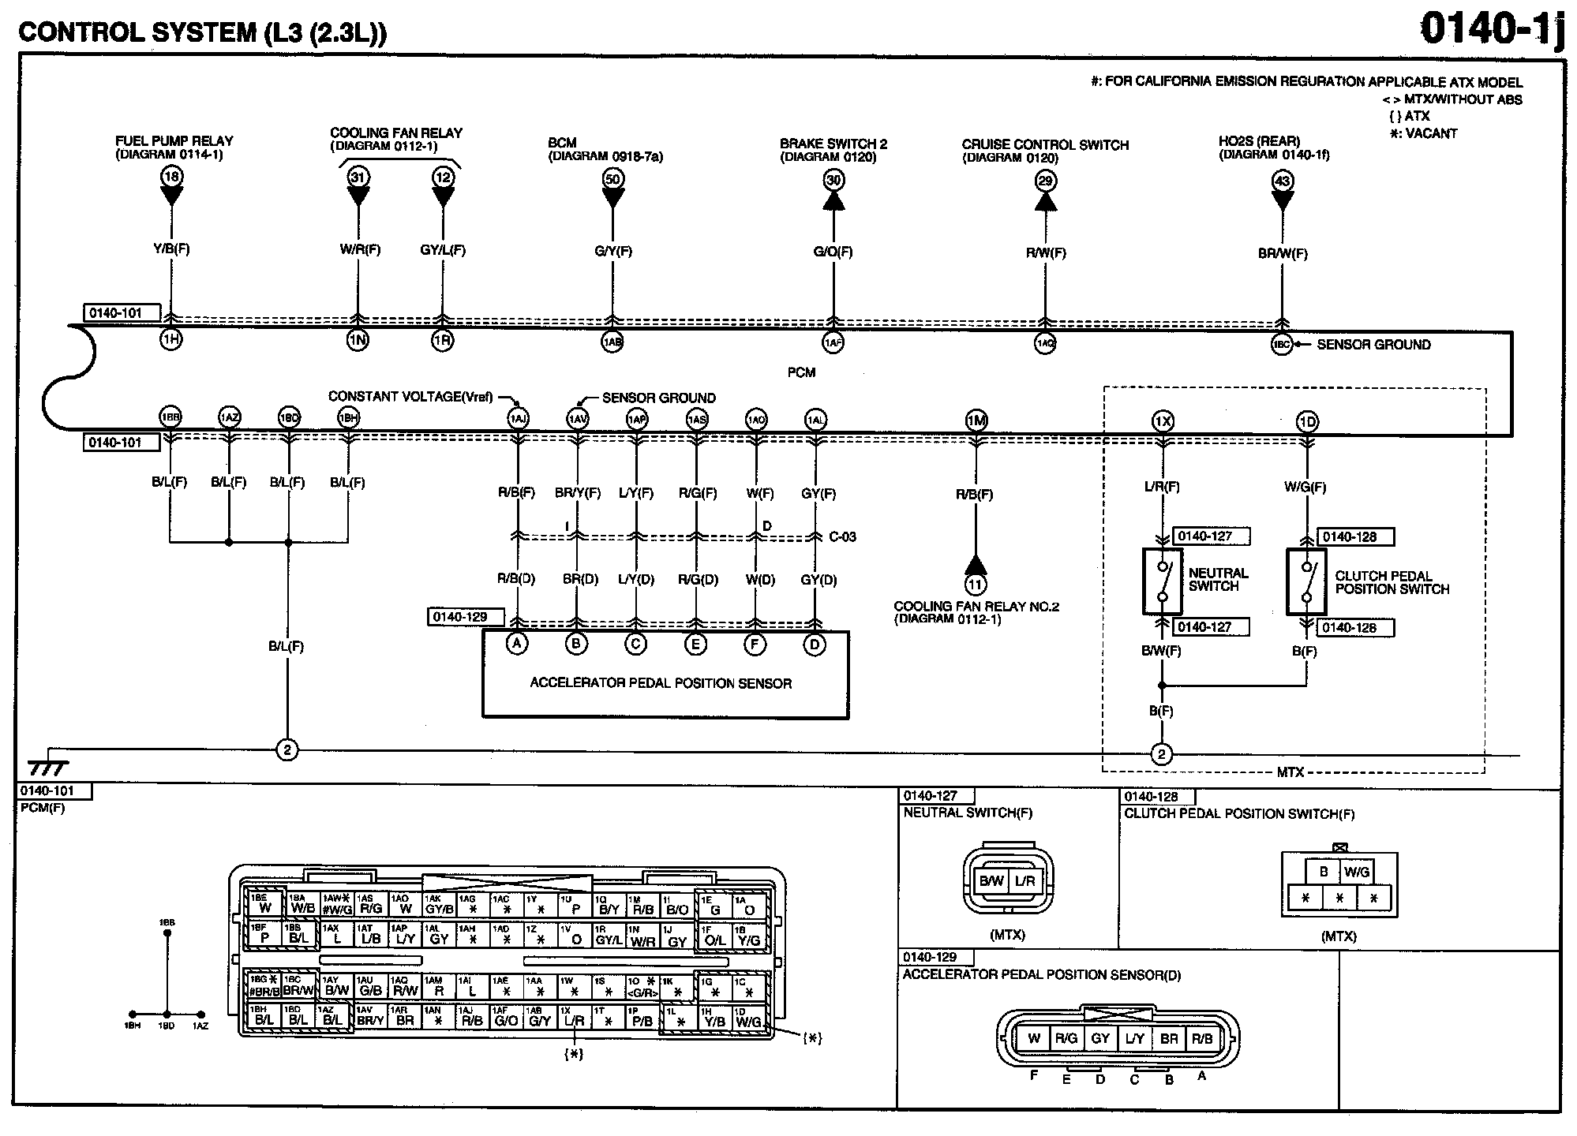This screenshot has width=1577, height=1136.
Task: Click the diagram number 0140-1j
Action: (x=1491, y=30)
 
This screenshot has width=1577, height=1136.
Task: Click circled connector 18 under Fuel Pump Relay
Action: (x=171, y=176)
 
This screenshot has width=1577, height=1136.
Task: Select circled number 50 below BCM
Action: (x=612, y=178)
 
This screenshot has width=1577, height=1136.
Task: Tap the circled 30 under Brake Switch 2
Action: (x=833, y=180)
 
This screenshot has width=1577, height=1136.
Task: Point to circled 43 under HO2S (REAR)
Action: (x=1282, y=181)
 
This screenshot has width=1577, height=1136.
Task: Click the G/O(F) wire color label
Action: (x=833, y=252)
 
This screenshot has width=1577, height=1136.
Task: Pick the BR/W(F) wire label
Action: (x=1283, y=254)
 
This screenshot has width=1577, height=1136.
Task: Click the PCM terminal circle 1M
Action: (x=976, y=420)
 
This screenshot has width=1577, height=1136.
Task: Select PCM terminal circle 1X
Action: (x=1162, y=422)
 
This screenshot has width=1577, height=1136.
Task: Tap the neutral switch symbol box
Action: (x=1162, y=581)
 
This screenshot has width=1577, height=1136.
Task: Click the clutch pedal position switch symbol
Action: (x=1306, y=582)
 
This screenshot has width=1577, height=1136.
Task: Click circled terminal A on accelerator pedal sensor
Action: (x=517, y=644)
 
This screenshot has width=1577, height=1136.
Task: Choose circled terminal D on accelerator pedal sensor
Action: (x=815, y=645)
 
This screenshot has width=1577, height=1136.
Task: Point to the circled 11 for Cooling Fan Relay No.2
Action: (x=976, y=585)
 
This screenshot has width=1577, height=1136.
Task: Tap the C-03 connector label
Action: (x=842, y=537)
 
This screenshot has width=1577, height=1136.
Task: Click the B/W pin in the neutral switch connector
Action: (x=991, y=881)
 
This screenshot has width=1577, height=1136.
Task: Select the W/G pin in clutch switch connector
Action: (x=1357, y=872)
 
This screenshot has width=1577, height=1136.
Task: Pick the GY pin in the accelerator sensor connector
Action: (x=1100, y=1039)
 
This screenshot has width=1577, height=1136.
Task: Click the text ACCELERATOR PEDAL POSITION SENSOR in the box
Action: (x=661, y=683)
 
